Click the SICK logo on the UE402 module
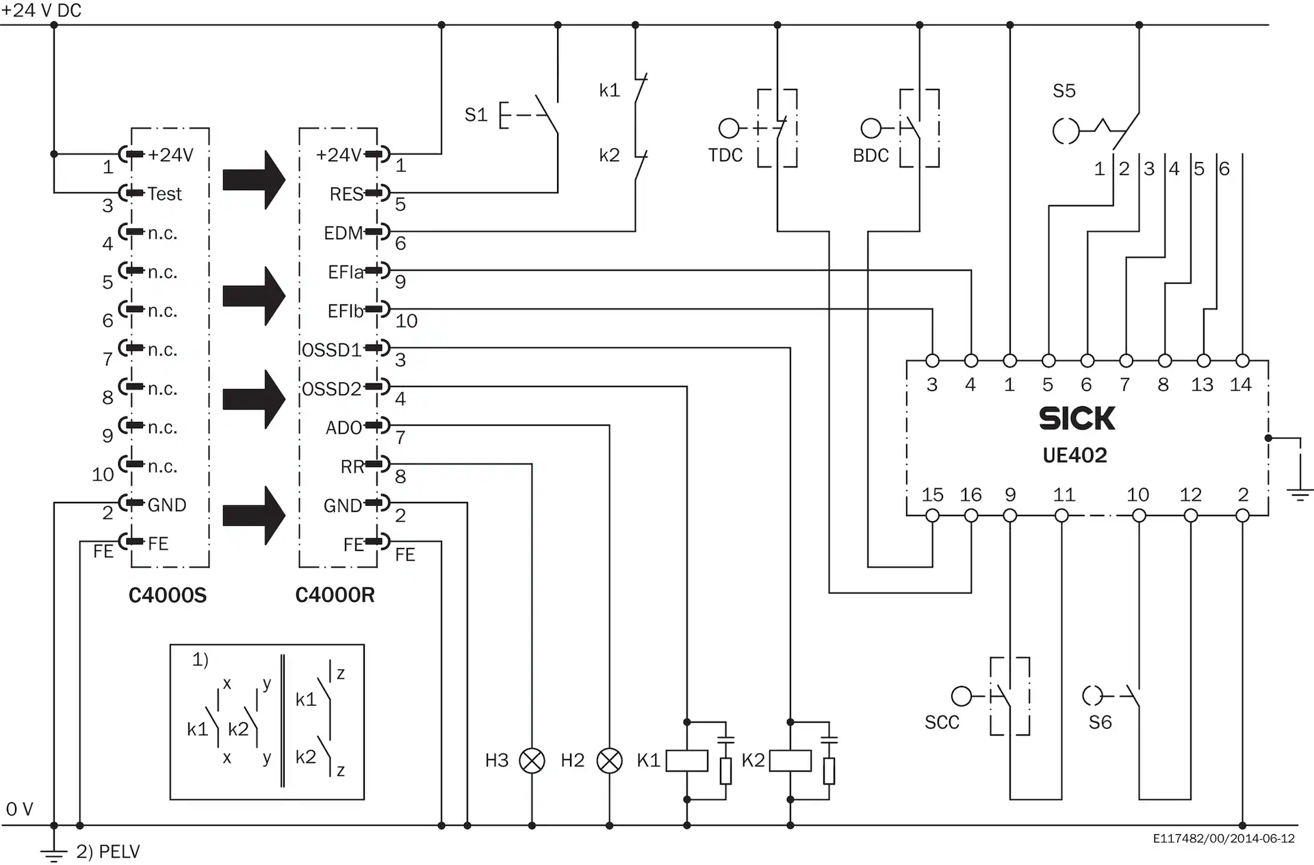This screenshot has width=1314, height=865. (x=1077, y=418)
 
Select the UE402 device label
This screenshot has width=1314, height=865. (x=1074, y=455)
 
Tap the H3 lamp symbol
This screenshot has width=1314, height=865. (x=532, y=760)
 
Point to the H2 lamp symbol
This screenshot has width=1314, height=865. (x=609, y=760)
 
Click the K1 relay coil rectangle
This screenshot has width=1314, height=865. (x=686, y=760)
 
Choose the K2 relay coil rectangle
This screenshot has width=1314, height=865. (x=790, y=760)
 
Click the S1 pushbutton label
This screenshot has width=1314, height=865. (x=476, y=115)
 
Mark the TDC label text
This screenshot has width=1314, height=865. (x=725, y=156)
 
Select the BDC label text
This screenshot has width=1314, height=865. (x=871, y=156)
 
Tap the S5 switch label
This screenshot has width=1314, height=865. (x=1064, y=91)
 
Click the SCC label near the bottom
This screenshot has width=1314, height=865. (x=942, y=723)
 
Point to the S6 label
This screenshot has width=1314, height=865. (x=1100, y=723)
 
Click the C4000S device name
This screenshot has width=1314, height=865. (x=168, y=596)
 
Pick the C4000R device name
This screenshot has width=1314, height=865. (x=335, y=596)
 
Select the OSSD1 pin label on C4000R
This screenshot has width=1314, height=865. (x=331, y=350)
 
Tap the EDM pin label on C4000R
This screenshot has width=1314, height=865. (x=343, y=233)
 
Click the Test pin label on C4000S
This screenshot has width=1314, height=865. (x=165, y=194)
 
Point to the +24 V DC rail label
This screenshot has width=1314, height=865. (x=41, y=10)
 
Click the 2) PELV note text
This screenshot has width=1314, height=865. (x=107, y=852)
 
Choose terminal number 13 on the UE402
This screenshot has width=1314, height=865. (x=1202, y=385)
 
